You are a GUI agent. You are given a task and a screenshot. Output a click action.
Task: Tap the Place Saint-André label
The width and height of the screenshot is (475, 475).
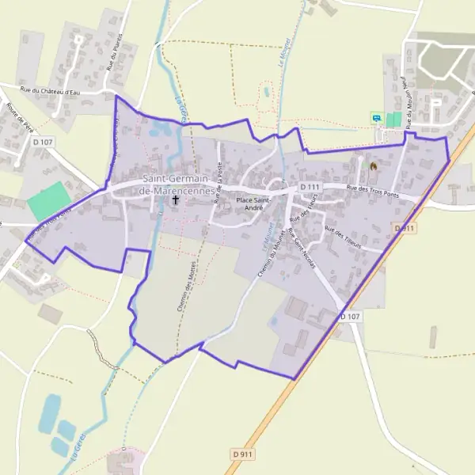[255, 204]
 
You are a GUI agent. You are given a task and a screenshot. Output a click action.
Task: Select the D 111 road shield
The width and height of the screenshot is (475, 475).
[310, 187]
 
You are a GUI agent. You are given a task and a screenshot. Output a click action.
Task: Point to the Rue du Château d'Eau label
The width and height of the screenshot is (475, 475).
[53, 93]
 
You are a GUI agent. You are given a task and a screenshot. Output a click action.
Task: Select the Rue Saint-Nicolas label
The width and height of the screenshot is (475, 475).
[302, 248]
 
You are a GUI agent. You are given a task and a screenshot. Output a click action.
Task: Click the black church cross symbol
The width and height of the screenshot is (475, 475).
[176, 200]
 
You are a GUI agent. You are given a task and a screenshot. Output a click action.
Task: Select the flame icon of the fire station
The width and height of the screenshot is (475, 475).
[374, 166]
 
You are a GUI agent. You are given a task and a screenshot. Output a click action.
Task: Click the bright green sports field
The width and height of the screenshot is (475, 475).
[49, 201]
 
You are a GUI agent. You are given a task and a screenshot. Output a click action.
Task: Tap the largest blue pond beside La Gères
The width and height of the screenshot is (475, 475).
[49, 411]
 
